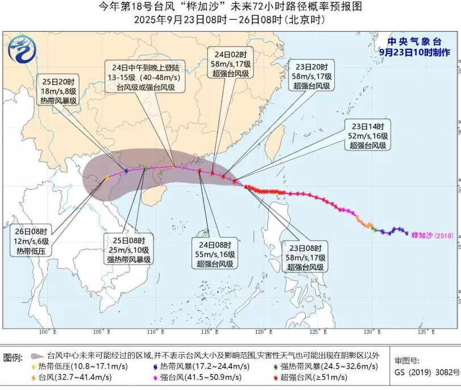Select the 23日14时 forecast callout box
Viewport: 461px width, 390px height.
point(367,136)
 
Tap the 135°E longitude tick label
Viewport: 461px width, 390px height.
point(421,331)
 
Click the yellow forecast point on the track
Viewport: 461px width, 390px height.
point(106,178)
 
